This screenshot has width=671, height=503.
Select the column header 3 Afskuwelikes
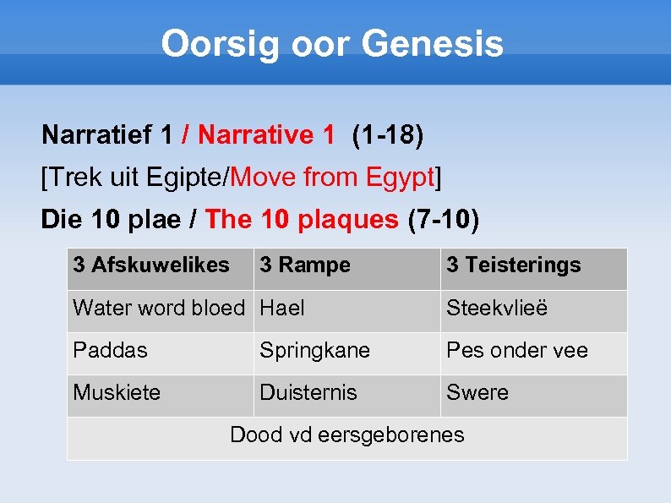[151, 265]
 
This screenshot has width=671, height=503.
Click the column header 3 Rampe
[305, 265]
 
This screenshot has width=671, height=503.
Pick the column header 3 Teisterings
[514, 265]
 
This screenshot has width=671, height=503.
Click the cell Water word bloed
[159, 309]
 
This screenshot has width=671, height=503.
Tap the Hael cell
[282, 309]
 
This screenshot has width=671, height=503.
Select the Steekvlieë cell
[497, 309]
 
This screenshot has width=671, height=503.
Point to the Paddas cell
[110, 351]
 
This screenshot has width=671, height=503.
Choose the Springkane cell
[314, 351]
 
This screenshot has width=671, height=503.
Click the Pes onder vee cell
[517, 351]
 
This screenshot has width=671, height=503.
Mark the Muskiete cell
[117, 393]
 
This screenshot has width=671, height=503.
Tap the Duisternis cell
[308, 393]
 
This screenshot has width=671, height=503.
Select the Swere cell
[477, 393]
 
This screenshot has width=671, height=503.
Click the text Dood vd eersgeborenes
[347, 435]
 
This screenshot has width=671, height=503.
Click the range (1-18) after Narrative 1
[388, 134]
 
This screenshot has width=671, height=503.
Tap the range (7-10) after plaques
[443, 220]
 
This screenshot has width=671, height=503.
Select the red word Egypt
[400, 178]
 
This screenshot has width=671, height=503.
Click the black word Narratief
[97, 134]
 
